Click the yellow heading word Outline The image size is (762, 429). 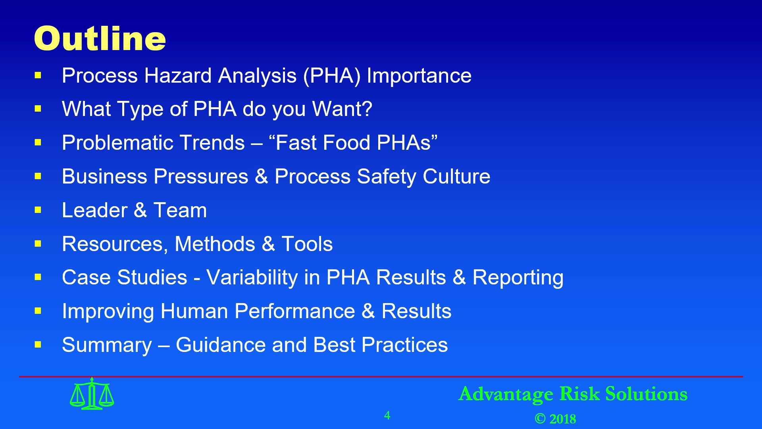click(100, 39)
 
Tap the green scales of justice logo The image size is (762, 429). click(92, 394)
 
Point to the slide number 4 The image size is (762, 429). click(387, 415)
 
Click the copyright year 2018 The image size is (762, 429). click(563, 419)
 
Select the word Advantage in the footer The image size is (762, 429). click(506, 395)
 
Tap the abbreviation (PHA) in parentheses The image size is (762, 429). click(332, 76)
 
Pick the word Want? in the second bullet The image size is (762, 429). click(342, 109)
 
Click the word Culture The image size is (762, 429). click(456, 176)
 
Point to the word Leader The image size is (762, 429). click(94, 210)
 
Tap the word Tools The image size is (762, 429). click(307, 244)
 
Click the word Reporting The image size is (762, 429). click(518, 278)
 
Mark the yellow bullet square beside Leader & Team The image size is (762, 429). click(38, 210)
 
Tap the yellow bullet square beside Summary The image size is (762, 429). click(38, 344)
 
